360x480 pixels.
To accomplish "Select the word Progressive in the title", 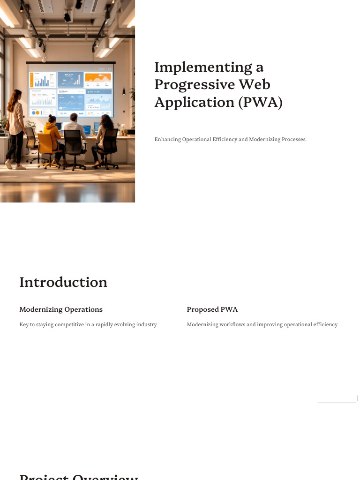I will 196,85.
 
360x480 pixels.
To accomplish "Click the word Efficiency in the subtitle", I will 224,139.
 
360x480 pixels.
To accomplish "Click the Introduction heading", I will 63,282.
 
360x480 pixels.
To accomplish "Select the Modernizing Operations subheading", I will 61,309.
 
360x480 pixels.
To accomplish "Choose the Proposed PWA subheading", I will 212,309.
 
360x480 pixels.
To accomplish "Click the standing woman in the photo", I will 15,127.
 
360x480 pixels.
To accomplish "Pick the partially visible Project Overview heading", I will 79,477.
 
